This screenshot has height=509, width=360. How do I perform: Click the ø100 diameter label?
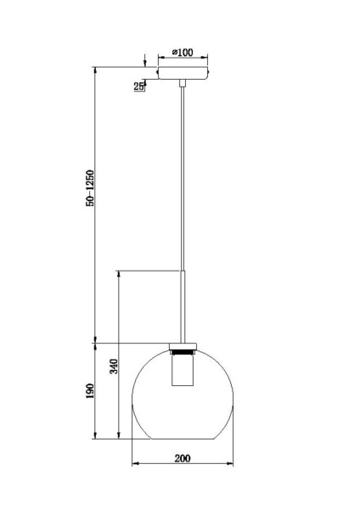(182, 53)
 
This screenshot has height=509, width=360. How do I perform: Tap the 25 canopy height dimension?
(138, 86)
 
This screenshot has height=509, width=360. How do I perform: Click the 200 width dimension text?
(182, 458)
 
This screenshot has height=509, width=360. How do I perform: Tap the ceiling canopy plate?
(182, 76)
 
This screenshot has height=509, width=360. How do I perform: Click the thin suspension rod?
(182, 170)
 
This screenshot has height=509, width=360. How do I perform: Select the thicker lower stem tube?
(182, 305)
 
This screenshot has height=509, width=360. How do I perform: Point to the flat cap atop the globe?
(182, 344)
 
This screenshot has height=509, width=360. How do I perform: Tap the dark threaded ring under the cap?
(182, 350)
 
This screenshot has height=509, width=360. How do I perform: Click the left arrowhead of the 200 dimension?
(137, 464)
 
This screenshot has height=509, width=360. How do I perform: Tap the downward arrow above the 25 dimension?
(145, 65)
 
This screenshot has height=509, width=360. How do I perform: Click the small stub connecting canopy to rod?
(182, 83)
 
